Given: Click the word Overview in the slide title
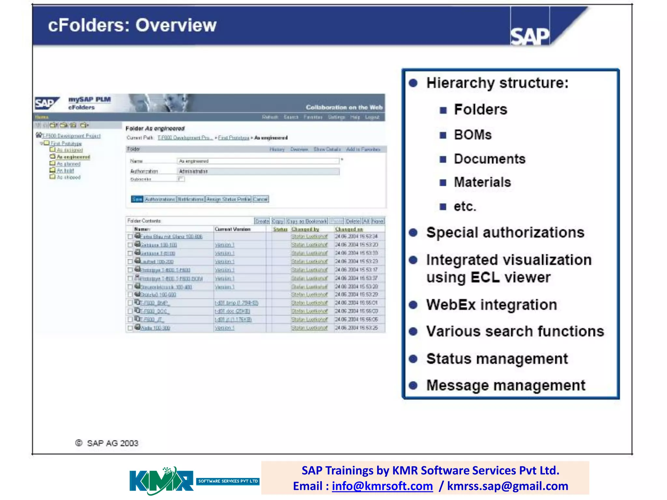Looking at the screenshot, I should coord(176,25).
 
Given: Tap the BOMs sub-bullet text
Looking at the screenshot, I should coord(473,135).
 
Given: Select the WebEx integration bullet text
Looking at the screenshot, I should coord(491,305).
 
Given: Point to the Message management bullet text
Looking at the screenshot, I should coord(505,385).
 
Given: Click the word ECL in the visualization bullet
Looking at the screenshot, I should coord(485,278).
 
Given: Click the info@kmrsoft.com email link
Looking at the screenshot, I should coord(382,486).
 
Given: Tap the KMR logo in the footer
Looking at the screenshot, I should coord(162,481).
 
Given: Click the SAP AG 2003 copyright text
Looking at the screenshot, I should coord(112,443).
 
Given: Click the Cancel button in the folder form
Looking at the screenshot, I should coord(260,199).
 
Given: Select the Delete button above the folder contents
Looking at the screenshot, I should coord(352,221).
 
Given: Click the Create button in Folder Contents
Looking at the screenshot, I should coord(262,221).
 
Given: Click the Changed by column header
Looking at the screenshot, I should coord(305,229).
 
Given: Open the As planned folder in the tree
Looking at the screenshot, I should coord(68,164).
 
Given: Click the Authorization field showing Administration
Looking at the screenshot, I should coord(258,172).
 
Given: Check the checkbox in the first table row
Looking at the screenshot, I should coord(130,237).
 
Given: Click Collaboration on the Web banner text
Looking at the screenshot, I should coord(344,107).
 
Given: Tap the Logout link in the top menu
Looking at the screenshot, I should coord(372,117).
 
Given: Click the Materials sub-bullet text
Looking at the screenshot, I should coord(482,182).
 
